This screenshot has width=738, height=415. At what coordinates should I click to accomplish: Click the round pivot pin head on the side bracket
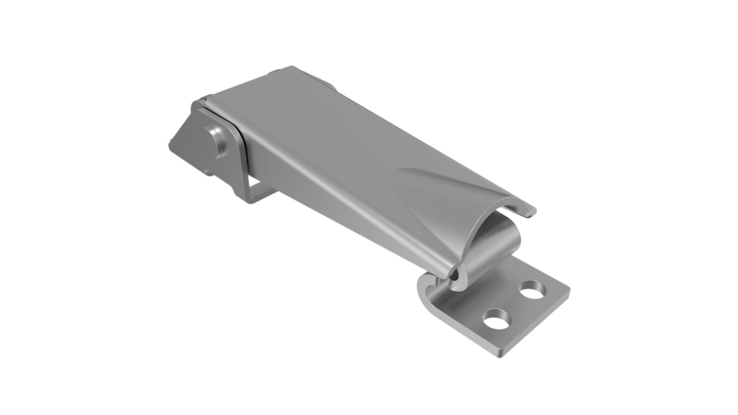(x=215, y=140)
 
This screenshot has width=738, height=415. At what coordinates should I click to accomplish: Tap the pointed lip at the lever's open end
(x=530, y=212)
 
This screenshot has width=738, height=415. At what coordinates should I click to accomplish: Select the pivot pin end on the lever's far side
(x=327, y=83)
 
